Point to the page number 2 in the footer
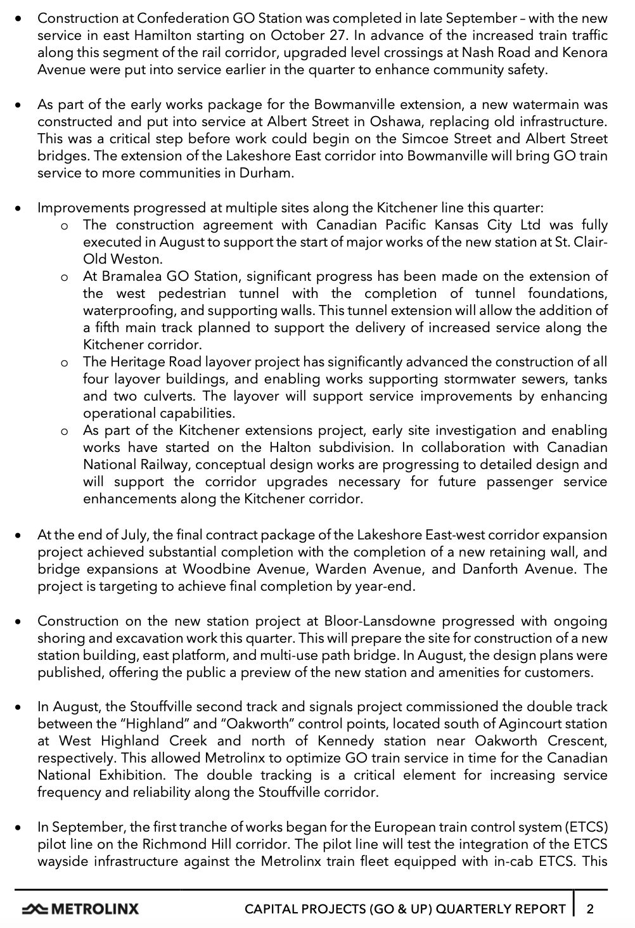coord(590,909)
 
